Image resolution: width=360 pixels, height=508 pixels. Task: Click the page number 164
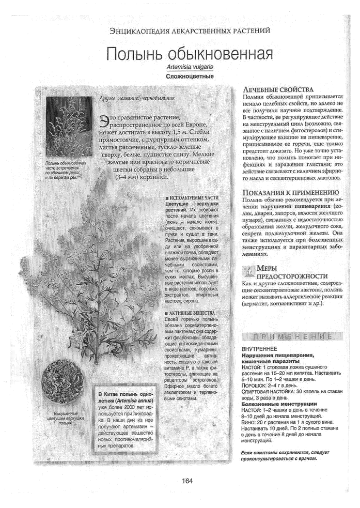(x=187, y=481)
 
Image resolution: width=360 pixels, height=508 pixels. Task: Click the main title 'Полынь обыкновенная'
(x=190, y=54)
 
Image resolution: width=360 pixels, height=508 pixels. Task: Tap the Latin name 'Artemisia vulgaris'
(x=190, y=68)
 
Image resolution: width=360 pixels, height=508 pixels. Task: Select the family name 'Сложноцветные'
(x=190, y=76)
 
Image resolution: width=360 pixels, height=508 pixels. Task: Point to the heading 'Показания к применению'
(x=291, y=193)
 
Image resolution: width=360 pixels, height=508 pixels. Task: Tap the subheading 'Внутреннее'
(x=260, y=349)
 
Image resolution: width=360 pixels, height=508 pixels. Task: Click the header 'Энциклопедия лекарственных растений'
(x=190, y=31)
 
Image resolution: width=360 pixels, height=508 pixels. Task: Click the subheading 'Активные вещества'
(x=189, y=313)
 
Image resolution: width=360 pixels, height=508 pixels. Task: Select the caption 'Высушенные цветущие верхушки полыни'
(x=65, y=417)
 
